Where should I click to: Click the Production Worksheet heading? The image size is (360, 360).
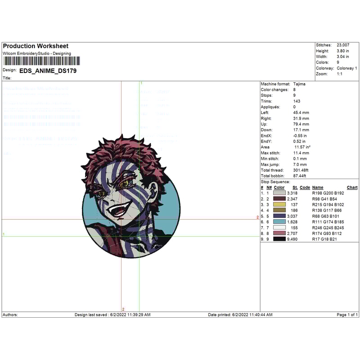pyautogui.click(x=36, y=46)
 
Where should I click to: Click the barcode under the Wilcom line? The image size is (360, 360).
pyautogui.click(x=41, y=61)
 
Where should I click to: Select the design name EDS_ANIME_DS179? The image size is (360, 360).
pyautogui.click(x=48, y=70)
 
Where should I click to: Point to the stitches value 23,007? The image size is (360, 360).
pyautogui.click(x=343, y=45)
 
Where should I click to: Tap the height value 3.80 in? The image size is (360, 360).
pyautogui.click(x=342, y=51)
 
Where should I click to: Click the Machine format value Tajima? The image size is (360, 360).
pyautogui.click(x=299, y=84)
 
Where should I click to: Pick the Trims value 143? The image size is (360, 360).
pyautogui.click(x=297, y=101)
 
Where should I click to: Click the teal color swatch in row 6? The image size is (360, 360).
pyautogui.click(x=279, y=221)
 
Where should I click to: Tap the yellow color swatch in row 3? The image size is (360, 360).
pyautogui.click(x=279, y=204)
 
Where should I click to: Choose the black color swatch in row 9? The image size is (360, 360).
pyautogui.click(x=279, y=239)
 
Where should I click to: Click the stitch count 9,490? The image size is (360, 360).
pyautogui.click(x=292, y=239)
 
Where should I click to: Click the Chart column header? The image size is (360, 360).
pyautogui.click(x=352, y=187)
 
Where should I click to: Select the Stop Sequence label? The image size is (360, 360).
pyautogui.click(x=275, y=181)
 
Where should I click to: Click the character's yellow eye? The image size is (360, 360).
pyautogui.click(x=124, y=184)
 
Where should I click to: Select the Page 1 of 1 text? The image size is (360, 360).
pyautogui.click(x=347, y=315)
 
